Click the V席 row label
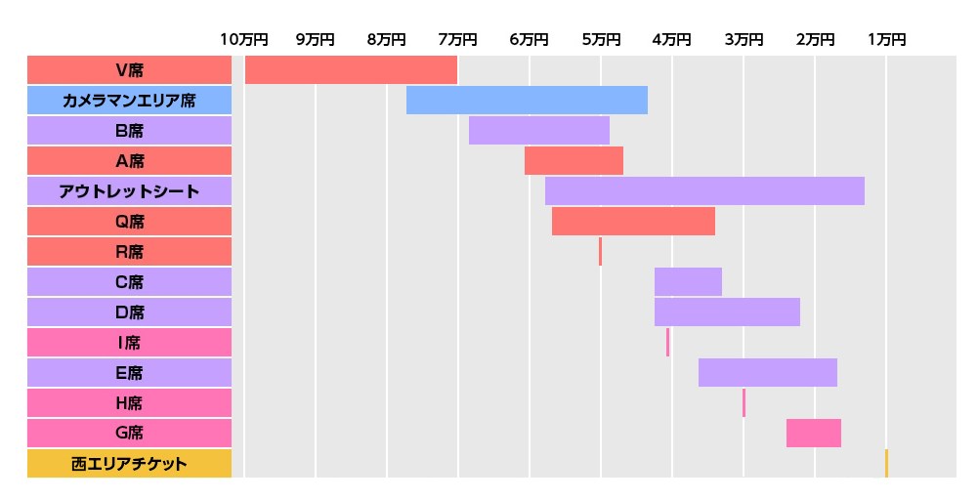[129, 70]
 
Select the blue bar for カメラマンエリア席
[527, 101]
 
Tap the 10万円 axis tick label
[243, 39]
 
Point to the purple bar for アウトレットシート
[704, 191]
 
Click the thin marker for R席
[600, 252]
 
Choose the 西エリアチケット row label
[129, 464]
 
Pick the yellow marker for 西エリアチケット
[886, 464]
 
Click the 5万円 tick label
[600, 39]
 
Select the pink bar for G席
[814, 433]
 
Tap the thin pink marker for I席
[668, 343]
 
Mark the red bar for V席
[351, 70]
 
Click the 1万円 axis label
[886, 39]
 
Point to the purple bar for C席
[688, 282]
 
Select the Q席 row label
[129, 222]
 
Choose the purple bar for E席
[768, 373]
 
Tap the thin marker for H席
[744, 403]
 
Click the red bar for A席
[574, 161]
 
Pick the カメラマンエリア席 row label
[129, 101]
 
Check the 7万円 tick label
[457, 39]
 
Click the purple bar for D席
[727, 312]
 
